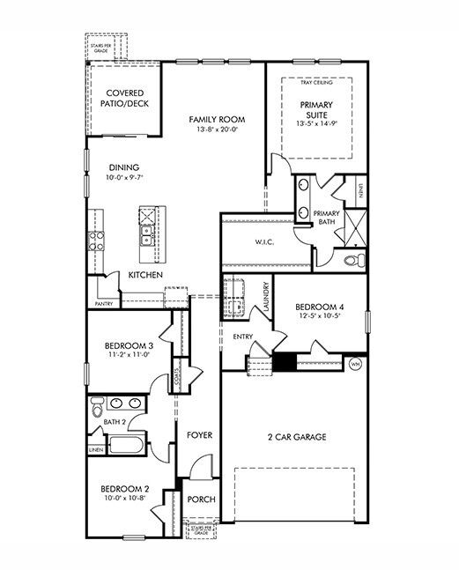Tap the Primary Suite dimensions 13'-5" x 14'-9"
click(315, 124)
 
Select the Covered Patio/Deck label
click(125, 99)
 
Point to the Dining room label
click(124, 167)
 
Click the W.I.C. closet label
click(267, 242)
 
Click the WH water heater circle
click(356, 363)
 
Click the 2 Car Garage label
click(298, 437)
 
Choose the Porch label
click(202, 500)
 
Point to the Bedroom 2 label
click(123, 489)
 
